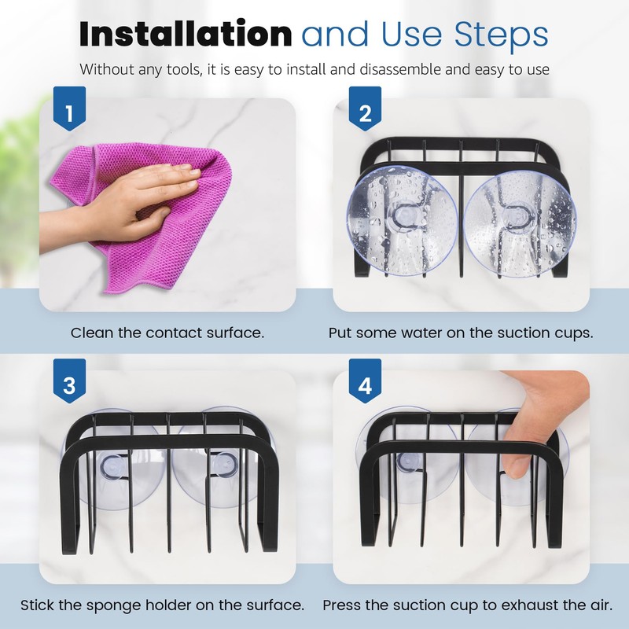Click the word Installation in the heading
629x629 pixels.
pos(186,35)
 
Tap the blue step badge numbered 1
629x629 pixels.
pos(69,115)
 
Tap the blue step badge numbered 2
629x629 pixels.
pos(364,115)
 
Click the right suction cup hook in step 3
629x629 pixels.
pos(223,466)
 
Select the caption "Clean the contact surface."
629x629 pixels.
pos(167,333)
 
